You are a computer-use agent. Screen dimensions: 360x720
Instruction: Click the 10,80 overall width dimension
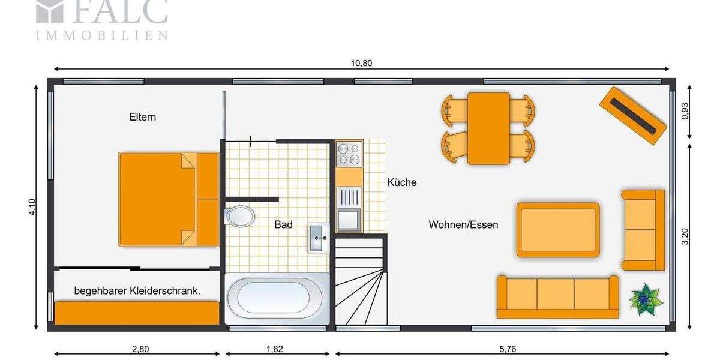(x=362, y=64)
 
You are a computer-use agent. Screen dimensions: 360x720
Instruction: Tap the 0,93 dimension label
(x=685, y=112)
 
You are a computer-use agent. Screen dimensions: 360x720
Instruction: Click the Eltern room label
(x=142, y=117)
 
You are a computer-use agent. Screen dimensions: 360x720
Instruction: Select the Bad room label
(x=283, y=224)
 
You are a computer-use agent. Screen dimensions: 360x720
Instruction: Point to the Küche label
(x=401, y=182)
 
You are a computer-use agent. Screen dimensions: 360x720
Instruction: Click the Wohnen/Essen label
(x=463, y=224)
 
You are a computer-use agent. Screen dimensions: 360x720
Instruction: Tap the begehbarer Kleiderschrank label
(x=137, y=291)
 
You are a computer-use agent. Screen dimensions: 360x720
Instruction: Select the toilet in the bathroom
(x=241, y=216)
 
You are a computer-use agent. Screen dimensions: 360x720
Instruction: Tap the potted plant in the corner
(x=646, y=299)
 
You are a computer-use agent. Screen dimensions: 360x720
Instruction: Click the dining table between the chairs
(x=488, y=128)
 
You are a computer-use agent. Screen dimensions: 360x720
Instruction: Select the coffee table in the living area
(x=558, y=230)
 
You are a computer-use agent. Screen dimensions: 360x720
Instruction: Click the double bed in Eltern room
(x=168, y=199)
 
